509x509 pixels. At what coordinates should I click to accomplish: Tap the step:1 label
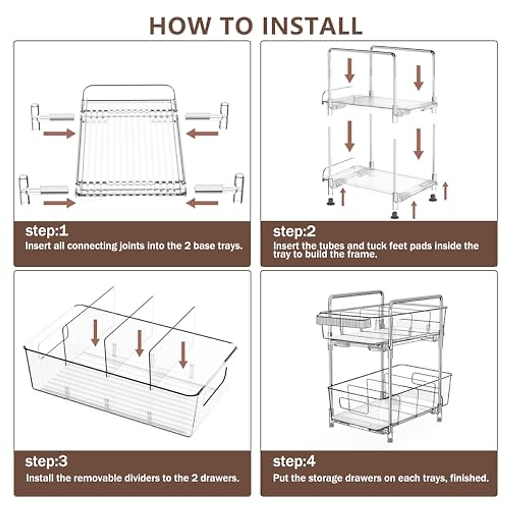click(x=47, y=231)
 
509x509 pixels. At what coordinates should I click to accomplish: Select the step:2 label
click(x=294, y=232)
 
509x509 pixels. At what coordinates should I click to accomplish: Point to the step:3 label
click(x=46, y=461)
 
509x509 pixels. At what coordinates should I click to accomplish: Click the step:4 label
click(x=294, y=461)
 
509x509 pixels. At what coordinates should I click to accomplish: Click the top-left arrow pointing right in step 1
click(x=59, y=134)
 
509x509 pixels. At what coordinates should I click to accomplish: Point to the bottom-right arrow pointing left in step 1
click(x=202, y=203)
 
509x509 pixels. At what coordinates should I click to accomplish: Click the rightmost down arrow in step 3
click(x=183, y=355)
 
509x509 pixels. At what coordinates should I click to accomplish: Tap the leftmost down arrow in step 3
click(x=95, y=332)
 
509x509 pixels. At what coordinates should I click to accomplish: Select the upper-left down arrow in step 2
click(x=350, y=70)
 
